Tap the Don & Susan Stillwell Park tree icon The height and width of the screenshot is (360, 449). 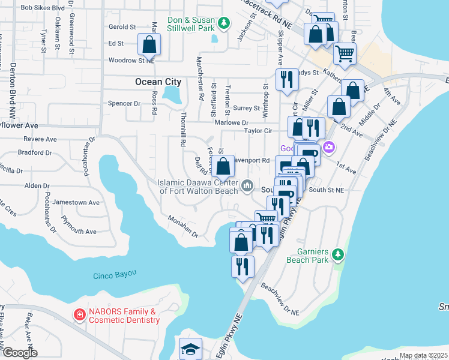[x=224, y=23]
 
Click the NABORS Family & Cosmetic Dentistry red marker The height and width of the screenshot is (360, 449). [x=79, y=315]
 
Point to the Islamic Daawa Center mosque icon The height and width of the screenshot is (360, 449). [x=247, y=187]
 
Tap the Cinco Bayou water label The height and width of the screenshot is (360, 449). [x=115, y=275]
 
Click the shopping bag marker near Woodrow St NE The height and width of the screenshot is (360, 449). [x=149, y=44]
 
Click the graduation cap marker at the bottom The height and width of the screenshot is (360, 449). [x=191, y=349]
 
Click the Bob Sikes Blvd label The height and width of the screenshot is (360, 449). [x=42, y=8]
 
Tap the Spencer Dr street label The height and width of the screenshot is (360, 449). [x=124, y=103]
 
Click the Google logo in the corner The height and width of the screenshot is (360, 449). [x=19, y=353]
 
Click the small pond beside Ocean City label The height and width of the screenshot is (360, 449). [x=172, y=94]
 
